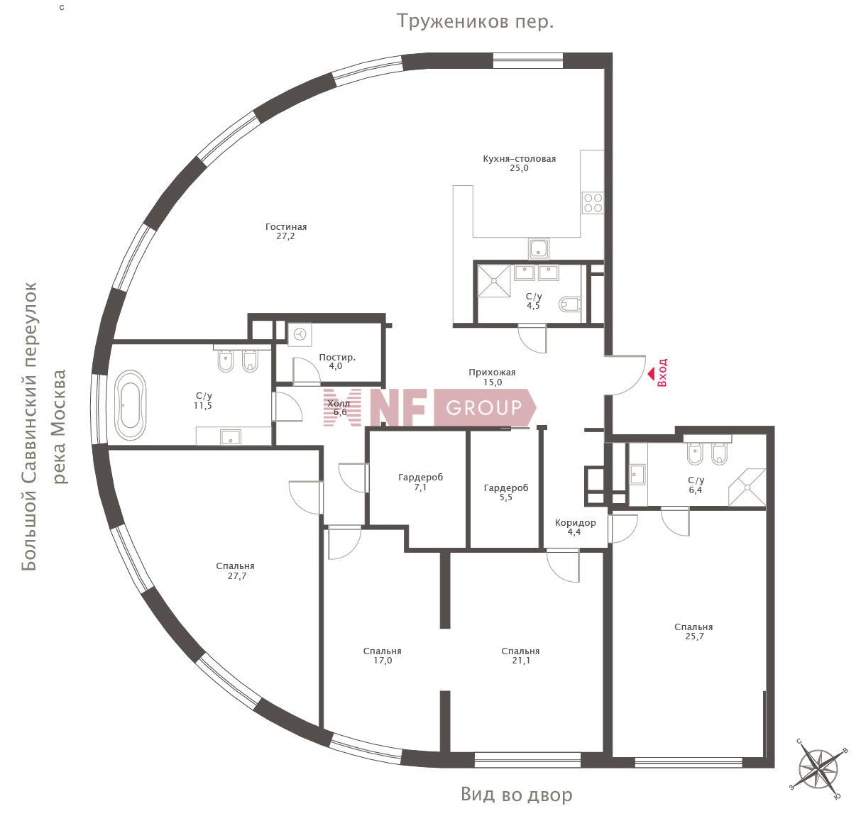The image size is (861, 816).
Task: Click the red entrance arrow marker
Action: point(651,373)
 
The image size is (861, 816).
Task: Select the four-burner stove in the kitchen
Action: point(593,203)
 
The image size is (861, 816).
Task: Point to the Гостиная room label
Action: point(286,227)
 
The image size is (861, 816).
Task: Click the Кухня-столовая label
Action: point(519,158)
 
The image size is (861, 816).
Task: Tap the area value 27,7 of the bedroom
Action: point(237,575)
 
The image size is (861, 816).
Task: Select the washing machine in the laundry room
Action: point(300,335)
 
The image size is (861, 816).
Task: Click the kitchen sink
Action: point(539,248)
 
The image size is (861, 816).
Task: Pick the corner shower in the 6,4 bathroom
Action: point(747,487)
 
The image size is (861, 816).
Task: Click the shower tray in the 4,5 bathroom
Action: point(494,280)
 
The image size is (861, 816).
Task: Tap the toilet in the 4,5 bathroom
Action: point(570,304)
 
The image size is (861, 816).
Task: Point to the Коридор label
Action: point(575,523)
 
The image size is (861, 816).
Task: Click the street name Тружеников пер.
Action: point(475,21)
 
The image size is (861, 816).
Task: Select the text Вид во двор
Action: point(516,795)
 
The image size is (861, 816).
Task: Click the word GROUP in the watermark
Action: point(484,407)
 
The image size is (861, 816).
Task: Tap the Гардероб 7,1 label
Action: point(420,482)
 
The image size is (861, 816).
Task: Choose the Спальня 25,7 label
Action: point(693,632)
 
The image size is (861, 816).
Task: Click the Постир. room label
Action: point(336,357)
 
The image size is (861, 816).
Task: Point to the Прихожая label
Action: point(492,372)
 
